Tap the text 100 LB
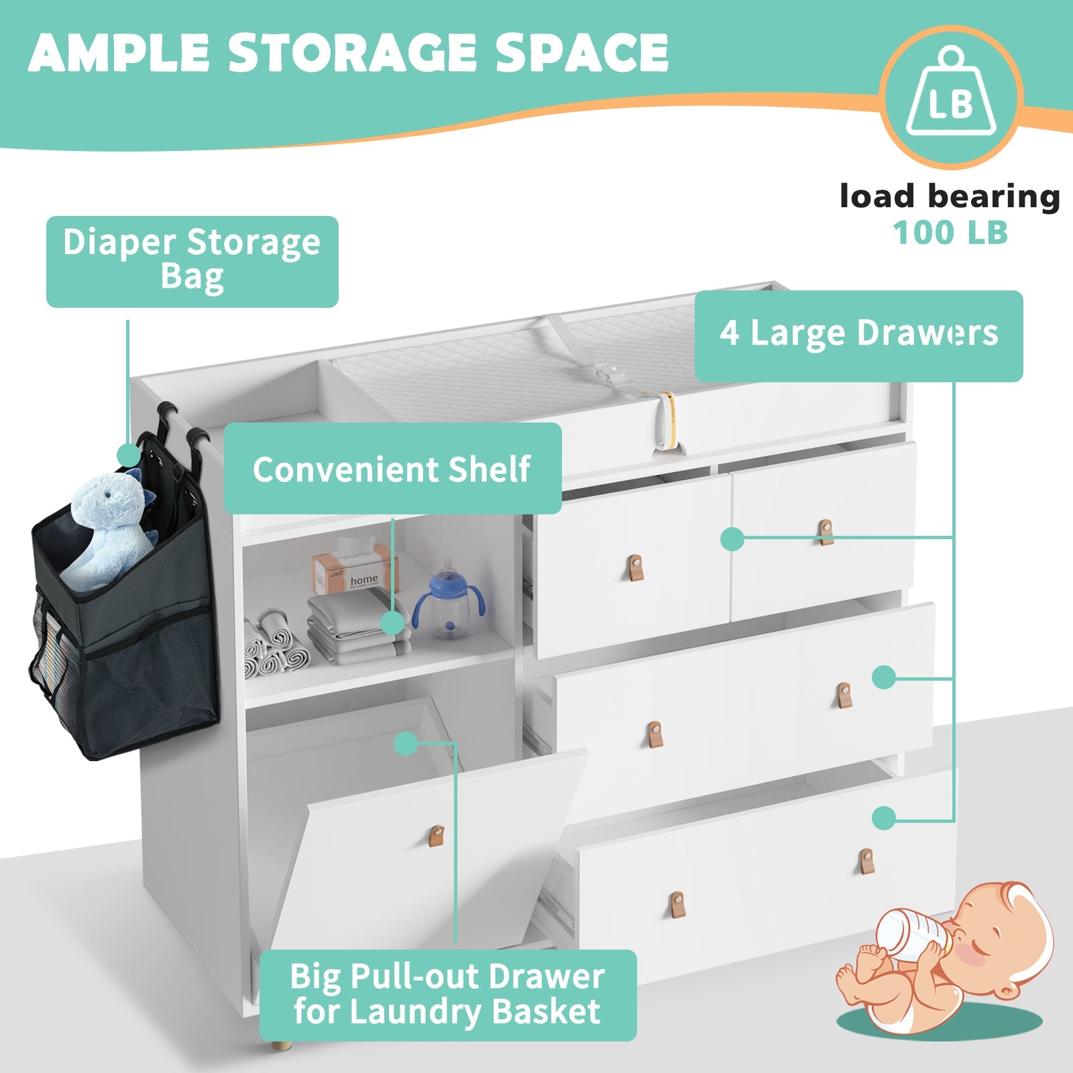point(950,233)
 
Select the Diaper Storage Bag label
point(192,262)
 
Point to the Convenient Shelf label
point(392,469)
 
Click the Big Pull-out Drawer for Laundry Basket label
point(447,995)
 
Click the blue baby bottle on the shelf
point(448,600)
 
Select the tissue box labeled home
point(355,571)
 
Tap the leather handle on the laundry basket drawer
point(437,836)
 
